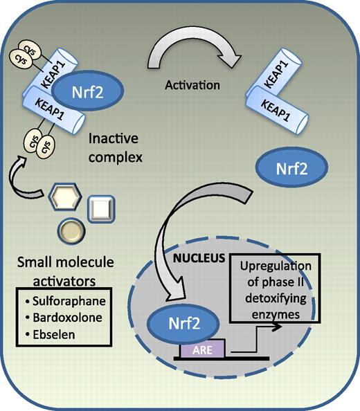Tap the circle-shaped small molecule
point(73,231)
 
